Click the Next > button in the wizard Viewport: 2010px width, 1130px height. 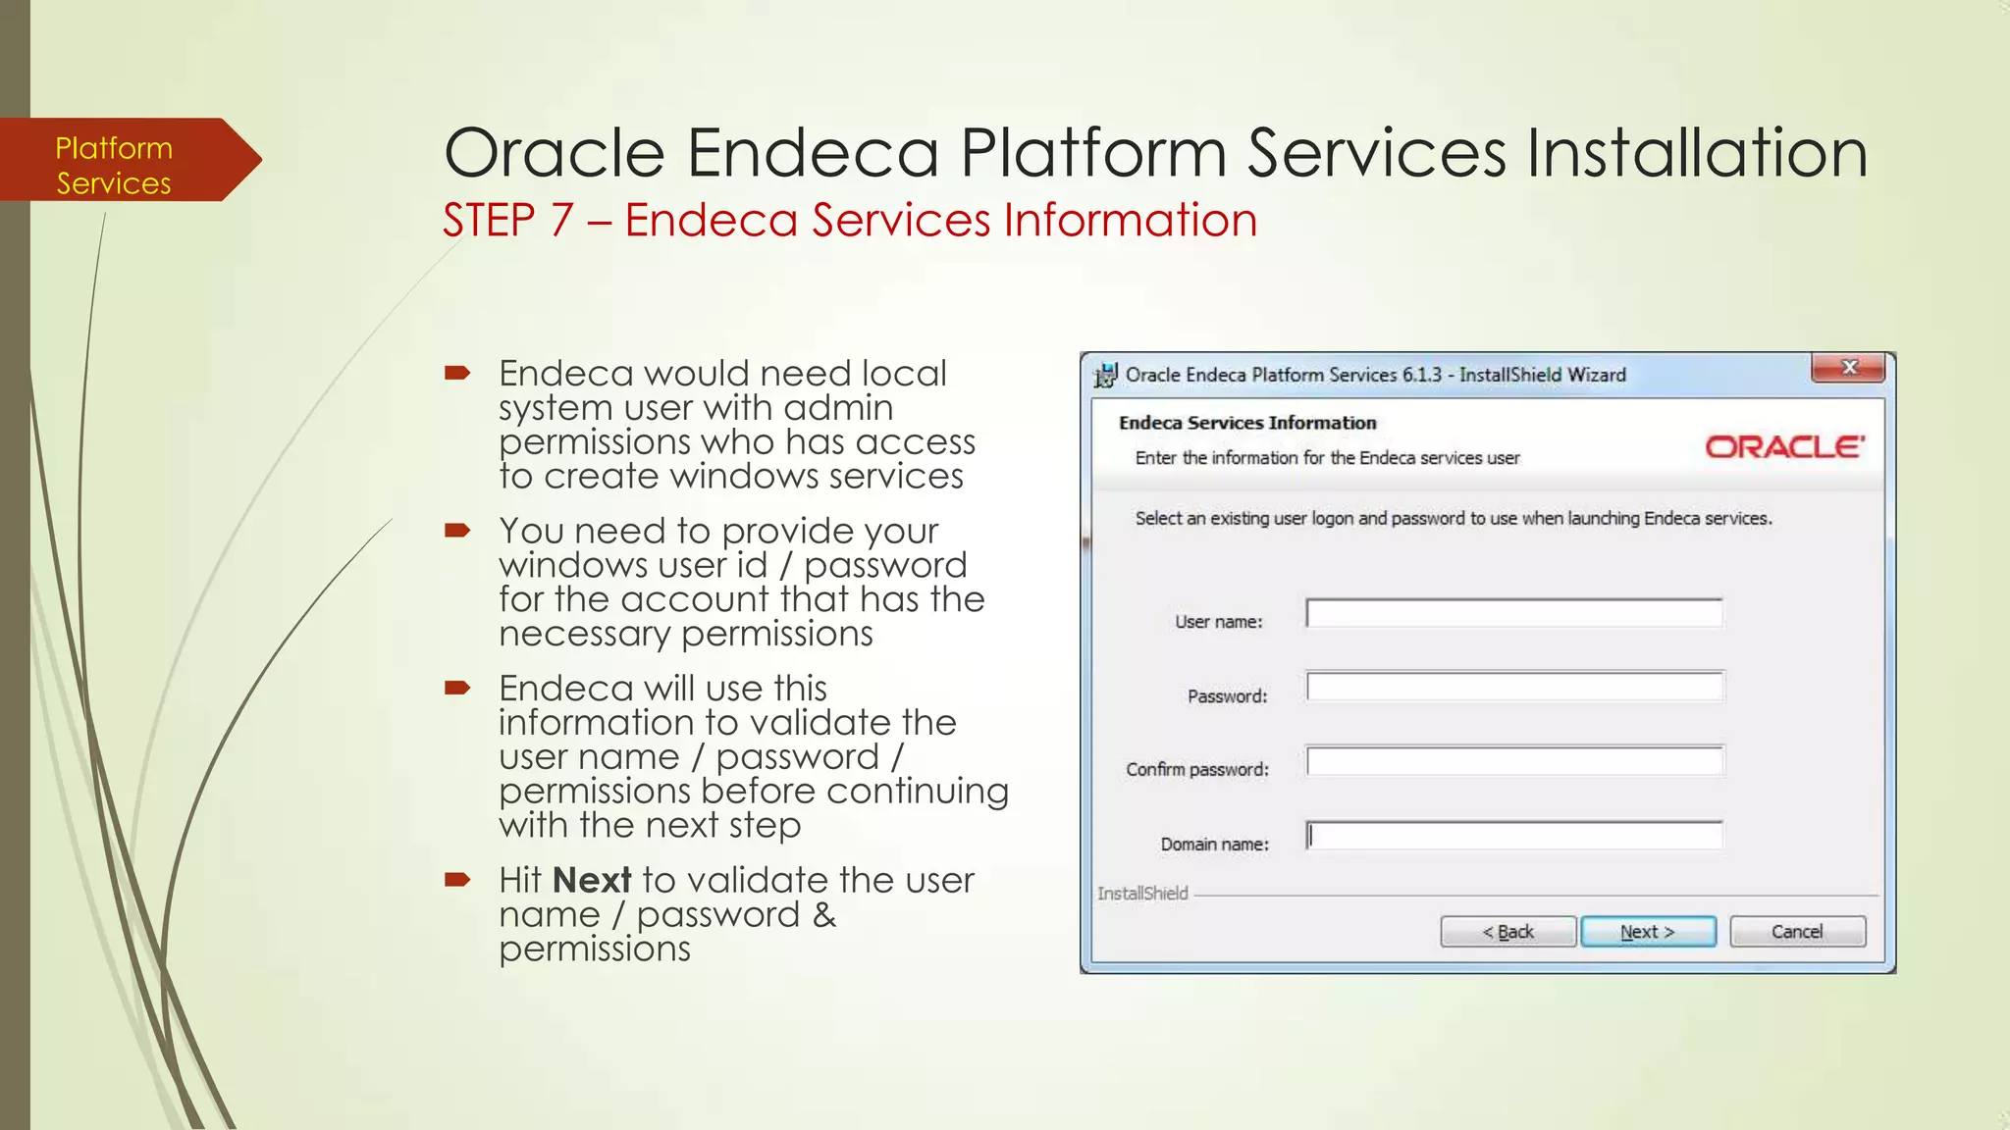pos(1648,932)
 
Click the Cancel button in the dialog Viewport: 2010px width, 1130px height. pos(1797,932)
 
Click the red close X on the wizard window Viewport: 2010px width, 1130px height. pos(1849,368)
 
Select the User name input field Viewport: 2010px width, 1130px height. pos(1513,614)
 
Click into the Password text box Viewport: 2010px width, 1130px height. pos(1513,688)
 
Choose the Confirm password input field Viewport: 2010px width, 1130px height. pos(1513,761)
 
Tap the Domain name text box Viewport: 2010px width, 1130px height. pos(1513,836)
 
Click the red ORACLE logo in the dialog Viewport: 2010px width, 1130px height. pos(1784,447)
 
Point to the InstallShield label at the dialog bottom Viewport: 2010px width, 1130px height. pos(1142,894)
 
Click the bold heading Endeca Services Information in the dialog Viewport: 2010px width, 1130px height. pos(1247,423)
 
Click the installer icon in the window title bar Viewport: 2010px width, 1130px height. pos(1106,375)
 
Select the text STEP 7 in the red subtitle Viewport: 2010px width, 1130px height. pos(507,220)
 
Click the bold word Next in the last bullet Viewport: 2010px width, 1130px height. pos(592,880)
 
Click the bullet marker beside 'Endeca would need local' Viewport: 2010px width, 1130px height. pos(457,373)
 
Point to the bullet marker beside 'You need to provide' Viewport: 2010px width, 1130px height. pos(457,531)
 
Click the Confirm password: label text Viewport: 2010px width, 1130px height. pos(1196,770)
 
